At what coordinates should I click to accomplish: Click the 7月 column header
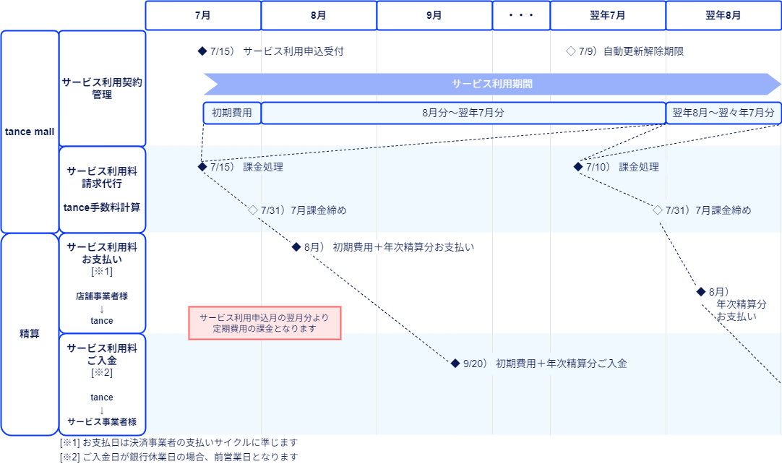(203, 15)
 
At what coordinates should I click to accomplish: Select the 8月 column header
(319, 15)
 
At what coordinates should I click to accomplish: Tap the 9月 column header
(434, 15)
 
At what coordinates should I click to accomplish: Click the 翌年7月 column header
(607, 15)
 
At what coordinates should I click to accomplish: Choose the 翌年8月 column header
(723, 15)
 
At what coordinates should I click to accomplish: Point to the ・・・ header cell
(520, 15)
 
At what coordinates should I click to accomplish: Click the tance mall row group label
(30, 132)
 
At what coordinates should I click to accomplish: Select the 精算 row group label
(30, 334)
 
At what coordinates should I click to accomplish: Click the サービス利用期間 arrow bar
(491, 84)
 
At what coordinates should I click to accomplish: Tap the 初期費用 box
(232, 113)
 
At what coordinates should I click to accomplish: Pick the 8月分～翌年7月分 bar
(463, 113)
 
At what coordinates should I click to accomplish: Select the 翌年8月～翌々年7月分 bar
(723, 113)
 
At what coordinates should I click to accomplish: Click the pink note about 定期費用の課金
(265, 322)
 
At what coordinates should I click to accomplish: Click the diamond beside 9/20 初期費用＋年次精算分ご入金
(455, 364)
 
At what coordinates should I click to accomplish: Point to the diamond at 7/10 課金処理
(578, 167)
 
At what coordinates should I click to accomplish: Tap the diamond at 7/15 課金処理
(202, 167)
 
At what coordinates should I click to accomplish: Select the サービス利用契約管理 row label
(102, 88)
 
